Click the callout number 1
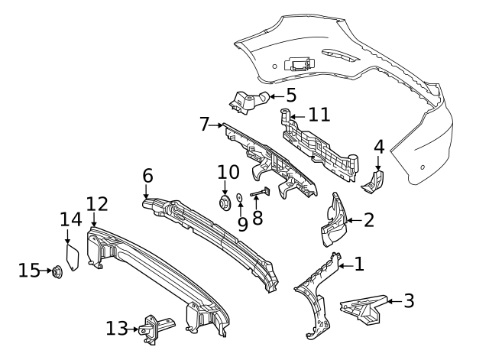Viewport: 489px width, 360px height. click(359, 265)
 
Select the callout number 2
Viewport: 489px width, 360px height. click(369, 221)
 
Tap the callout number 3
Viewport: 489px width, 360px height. click(409, 301)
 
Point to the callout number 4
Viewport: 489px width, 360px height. click(379, 147)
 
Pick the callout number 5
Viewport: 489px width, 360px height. click(290, 96)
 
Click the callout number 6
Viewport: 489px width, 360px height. click(148, 176)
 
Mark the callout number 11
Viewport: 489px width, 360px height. click(319, 116)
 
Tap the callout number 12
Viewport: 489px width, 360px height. click(97, 204)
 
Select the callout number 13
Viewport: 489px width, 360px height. click(116, 329)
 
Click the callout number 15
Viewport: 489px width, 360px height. click(29, 271)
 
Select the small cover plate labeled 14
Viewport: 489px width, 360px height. click(74, 256)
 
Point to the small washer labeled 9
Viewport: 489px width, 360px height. click(240, 199)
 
